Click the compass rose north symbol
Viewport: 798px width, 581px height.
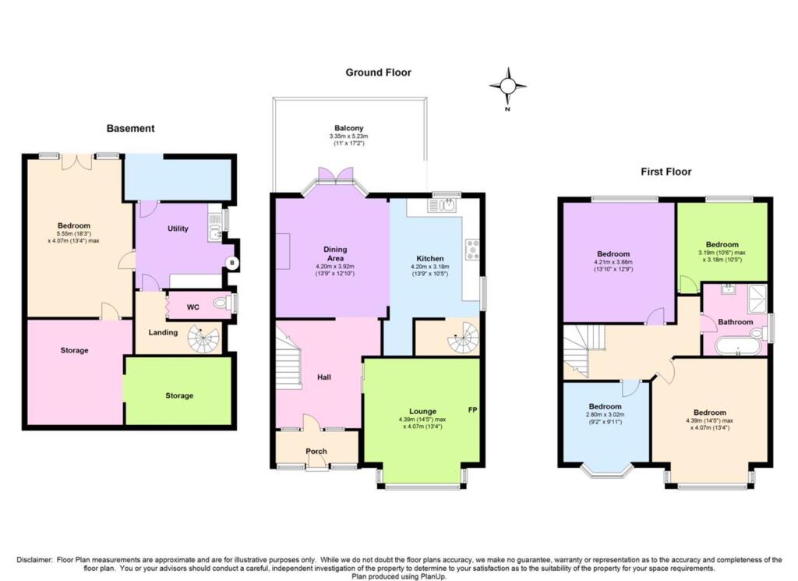click(x=507, y=86)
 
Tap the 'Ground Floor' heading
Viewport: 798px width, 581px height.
click(x=378, y=73)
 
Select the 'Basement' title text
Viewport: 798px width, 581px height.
click(x=130, y=129)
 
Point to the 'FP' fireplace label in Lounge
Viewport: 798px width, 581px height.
click(x=472, y=410)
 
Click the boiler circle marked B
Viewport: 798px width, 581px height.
click(x=231, y=264)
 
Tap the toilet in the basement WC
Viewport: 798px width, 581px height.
click(x=221, y=303)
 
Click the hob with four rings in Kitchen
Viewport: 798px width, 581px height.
click(x=471, y=249)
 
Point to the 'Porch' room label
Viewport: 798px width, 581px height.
click(x=316, y=452)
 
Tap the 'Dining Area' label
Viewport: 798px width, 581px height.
click(x=335, y=254)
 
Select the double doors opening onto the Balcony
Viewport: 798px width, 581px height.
click(x=337, y=175)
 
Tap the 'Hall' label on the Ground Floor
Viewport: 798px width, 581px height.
click(x=324, y=377)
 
